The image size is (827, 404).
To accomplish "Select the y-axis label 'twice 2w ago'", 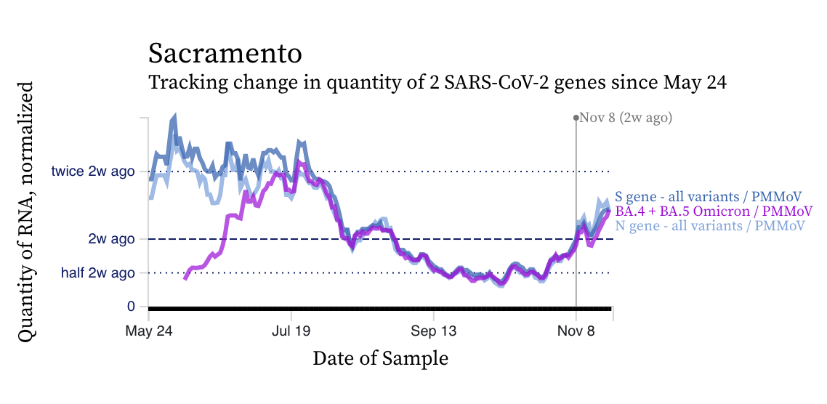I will pyautogui.click(x=93, y=171).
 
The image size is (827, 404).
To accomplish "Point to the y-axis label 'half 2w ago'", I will pyautogui.click(x=98, y=273).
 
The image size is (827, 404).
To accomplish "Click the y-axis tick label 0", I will pyautogui.click(x=132, y=306).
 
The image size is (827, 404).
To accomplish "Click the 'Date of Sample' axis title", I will pyautogui.click(x=380, y=358).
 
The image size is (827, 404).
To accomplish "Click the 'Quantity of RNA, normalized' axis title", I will pyautogui.click(x=26, y=211).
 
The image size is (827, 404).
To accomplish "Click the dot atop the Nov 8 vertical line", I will pyautogui.click(x=576, y=117).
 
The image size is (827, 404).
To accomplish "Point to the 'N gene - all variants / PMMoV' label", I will pyautogui.click(x=710, y=226).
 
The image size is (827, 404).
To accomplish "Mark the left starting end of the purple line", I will pyautogui.click(x=185, y=278).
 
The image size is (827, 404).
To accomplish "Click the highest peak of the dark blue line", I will pyautogui.click(x=174, y=117).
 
